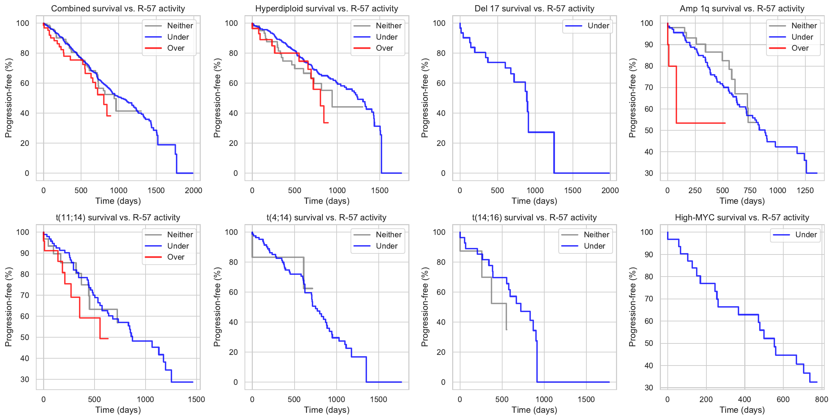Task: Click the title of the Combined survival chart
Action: [118, 9]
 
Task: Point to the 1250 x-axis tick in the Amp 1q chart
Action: [805, 191]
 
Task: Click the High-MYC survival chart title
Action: [742, 218]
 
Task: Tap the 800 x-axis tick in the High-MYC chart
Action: [822, 400]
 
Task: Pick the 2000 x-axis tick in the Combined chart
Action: [193, 191]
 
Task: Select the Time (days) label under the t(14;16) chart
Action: [534, 410]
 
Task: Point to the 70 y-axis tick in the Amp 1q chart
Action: [649, 88]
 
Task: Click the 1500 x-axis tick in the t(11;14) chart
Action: [196, 400]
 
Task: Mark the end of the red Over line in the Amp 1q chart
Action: [725, 123]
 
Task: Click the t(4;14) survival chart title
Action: [326, 218]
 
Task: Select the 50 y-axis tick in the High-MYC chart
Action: [649, 343]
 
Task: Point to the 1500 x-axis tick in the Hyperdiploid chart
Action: [380, 191]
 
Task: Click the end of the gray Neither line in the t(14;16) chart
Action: [506, 330]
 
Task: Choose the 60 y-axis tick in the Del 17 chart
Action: [441, 83]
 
